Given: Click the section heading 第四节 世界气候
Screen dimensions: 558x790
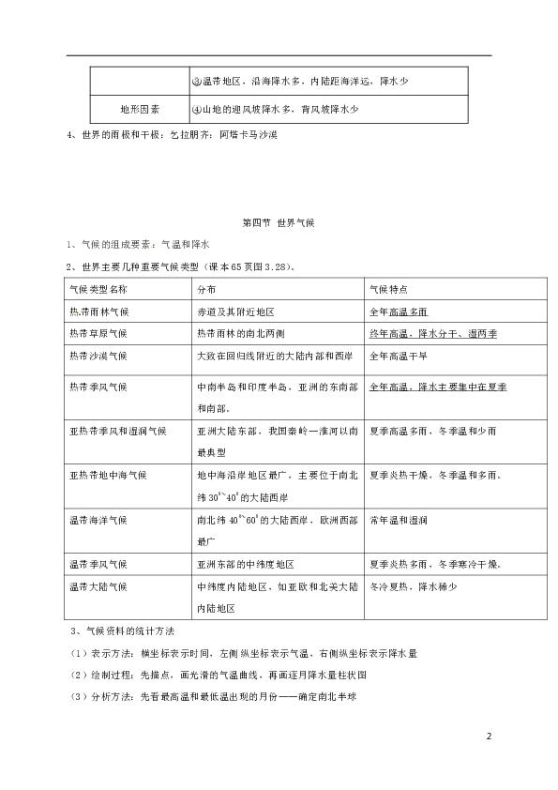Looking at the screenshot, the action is (279, 221).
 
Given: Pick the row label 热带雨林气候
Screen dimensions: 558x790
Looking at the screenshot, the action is (98, 311).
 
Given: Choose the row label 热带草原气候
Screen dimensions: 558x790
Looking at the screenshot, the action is (98, 333).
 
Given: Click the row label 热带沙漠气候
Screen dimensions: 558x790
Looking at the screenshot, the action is (98, 356).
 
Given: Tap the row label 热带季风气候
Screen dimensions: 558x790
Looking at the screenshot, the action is (98, 387).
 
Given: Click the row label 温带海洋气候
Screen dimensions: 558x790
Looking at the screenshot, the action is (98, 519).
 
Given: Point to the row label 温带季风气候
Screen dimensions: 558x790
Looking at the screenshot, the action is (98, 564).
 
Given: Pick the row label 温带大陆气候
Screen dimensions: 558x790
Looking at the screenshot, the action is (98, 586).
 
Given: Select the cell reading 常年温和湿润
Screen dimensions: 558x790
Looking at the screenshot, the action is (400, 519).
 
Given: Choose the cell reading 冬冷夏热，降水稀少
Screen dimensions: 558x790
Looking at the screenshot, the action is (412, 586).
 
